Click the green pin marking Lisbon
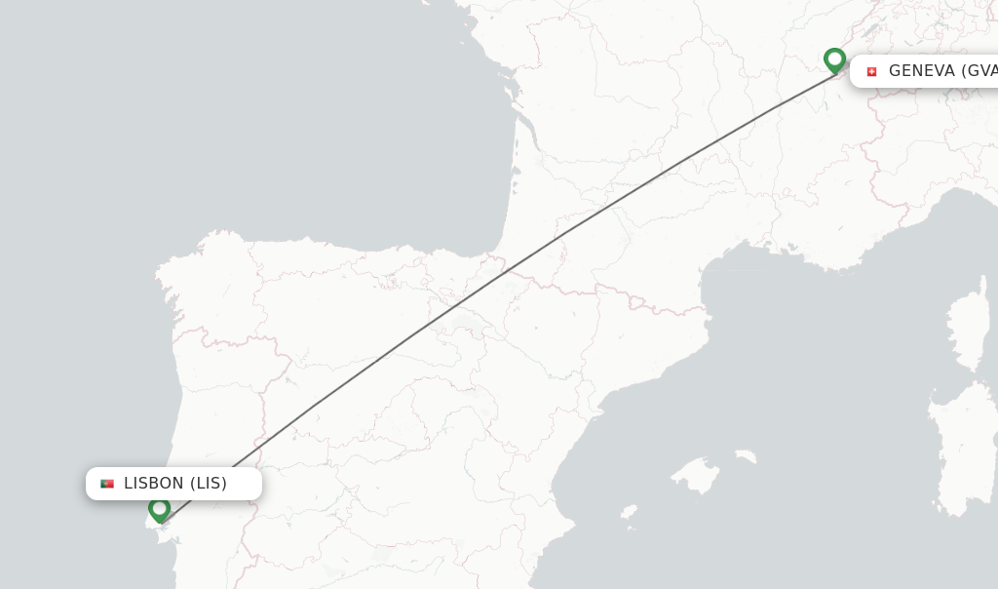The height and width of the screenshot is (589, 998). point(160,510)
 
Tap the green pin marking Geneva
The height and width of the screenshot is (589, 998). point(834,60)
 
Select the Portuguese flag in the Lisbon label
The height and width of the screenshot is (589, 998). point(107,484)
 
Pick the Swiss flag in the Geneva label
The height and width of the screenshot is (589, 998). point(871,71)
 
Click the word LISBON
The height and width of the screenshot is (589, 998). point(154,484)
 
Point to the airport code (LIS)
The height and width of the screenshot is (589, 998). point(209,484)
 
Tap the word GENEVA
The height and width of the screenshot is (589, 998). point(922,71)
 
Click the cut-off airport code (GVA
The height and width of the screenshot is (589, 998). point(979,71)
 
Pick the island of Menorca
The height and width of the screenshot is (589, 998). point(746,455)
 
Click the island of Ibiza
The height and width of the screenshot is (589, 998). point(629,512)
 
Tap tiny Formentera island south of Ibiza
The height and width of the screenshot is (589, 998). point(633,529)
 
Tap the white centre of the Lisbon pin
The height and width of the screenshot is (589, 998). point(160,507)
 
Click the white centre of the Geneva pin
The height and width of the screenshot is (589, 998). point(834,58)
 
